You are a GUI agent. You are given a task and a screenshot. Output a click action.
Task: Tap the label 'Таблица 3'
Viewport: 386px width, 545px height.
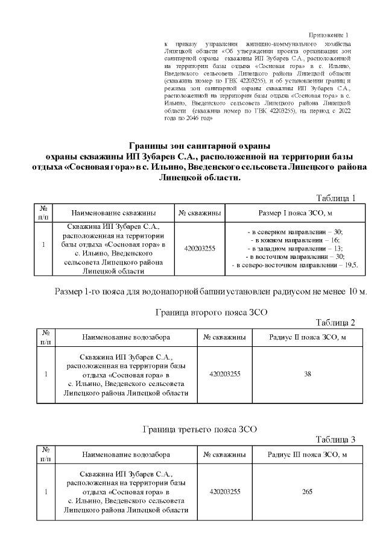tap(336, 440)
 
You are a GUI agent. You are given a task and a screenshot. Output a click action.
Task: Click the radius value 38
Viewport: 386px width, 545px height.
tap(307, 374)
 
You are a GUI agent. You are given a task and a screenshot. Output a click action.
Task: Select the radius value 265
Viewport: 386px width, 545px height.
tap(307, 491)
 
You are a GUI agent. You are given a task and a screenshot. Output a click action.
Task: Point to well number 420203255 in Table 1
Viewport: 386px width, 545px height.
tap(200, 248)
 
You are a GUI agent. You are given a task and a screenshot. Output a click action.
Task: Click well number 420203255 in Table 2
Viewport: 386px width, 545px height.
tap(224, 374)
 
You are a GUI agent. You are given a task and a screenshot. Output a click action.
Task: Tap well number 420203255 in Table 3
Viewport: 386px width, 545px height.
tap(224, 491)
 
